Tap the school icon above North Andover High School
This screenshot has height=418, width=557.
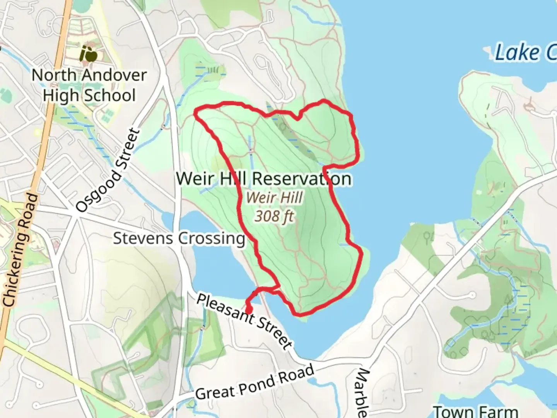coord(89,54)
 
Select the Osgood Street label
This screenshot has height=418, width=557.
coord(108,170)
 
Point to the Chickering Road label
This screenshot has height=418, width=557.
coord(20,250)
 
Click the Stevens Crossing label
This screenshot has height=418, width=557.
coord(179,238)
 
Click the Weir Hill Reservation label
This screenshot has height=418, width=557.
coord(264,179)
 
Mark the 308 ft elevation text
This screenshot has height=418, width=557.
coord(274,216)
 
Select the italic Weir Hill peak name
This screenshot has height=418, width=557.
coord(274,197)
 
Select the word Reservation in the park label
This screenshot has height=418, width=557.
coord(302,179)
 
